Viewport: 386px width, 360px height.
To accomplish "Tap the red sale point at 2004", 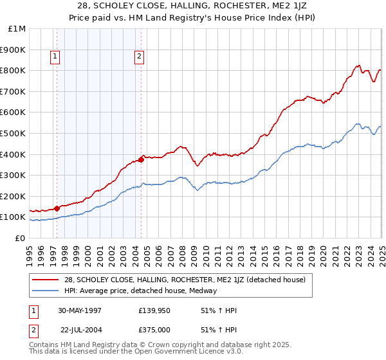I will click(141, 159).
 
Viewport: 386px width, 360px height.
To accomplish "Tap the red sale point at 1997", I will click(57, 208).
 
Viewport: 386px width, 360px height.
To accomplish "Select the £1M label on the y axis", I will click(17, 29).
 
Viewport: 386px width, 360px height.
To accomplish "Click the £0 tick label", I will click(20, 238).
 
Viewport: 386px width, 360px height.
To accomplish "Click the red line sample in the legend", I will click(46, 280).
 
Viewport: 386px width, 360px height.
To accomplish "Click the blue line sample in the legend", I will click(46, 291).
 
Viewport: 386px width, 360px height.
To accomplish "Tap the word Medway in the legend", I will click(204, 291).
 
